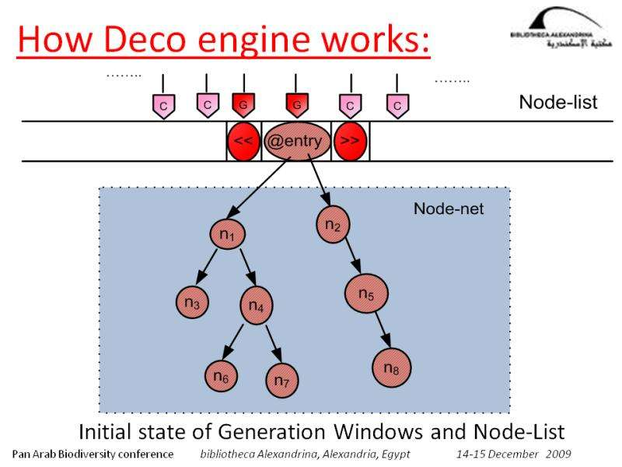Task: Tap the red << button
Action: [243, 142]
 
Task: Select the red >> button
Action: [350, 142]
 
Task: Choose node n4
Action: [257, 305]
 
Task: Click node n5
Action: [366, 293]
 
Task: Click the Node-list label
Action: [557, 103]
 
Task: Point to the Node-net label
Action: [448, 209]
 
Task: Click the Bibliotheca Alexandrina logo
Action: [554, 30]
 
